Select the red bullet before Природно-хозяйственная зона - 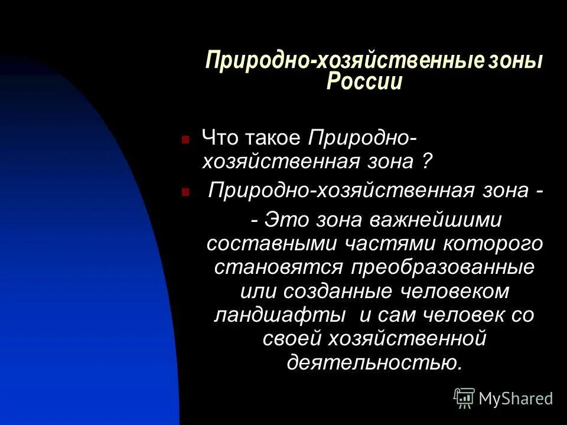[185, 193]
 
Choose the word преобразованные [442, 267]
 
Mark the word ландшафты [279, 315]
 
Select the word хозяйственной [402, 338]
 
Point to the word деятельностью [374, 361]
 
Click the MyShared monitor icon [464, 398]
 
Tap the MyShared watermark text [516, 399]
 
